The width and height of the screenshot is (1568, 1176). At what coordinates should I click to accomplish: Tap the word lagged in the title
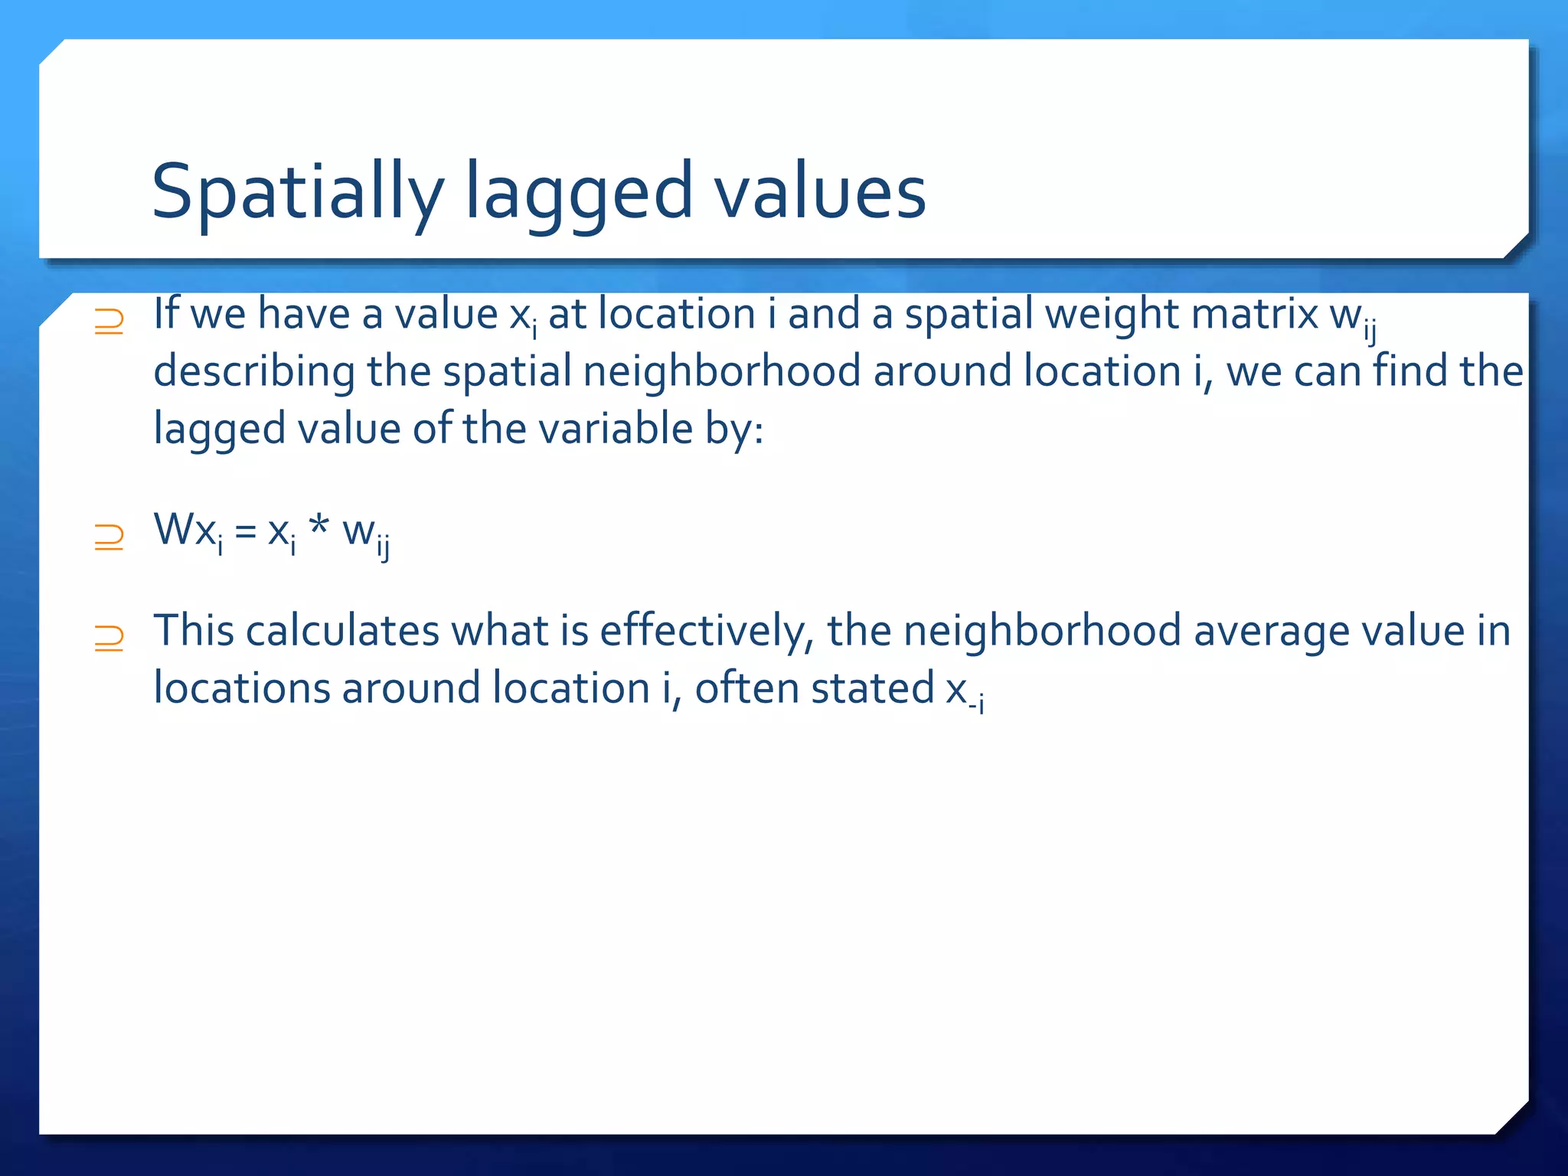(579, 191)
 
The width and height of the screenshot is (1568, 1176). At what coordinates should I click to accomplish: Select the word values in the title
(819, 191)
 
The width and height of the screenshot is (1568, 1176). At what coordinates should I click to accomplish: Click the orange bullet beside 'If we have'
(109, 322)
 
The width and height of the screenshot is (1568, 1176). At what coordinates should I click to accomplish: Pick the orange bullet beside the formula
(109, 537)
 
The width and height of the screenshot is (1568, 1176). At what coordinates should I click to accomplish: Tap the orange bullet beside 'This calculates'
(109, 639)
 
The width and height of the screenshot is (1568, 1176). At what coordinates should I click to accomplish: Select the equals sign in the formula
(245, 531)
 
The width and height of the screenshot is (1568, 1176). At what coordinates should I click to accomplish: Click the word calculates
(341, 632)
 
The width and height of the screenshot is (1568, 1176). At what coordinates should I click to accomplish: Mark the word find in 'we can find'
(1409, 371)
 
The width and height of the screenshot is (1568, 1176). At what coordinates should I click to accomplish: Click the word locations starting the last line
(241, 688)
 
